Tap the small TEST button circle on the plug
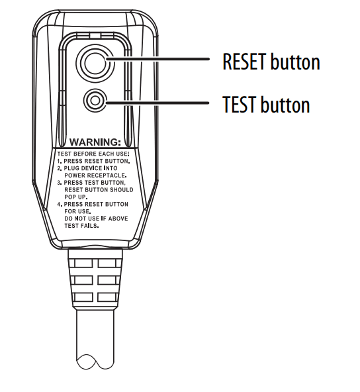click(95, 101)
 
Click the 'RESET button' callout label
click(271, 62)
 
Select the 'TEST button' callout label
click(266, 104)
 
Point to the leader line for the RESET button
click(158, 59)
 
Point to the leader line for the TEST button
click(157, 103)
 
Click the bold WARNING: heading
click(95, 142)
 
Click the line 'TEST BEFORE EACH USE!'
click(93, 154)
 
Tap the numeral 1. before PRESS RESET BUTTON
click(60, 162)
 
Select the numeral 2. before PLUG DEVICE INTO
click(60, 168)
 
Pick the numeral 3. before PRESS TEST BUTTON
click(60, 183)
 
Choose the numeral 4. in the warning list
click(60, 204)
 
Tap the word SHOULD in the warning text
click(122, 190)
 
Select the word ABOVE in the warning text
click(118, 219)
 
